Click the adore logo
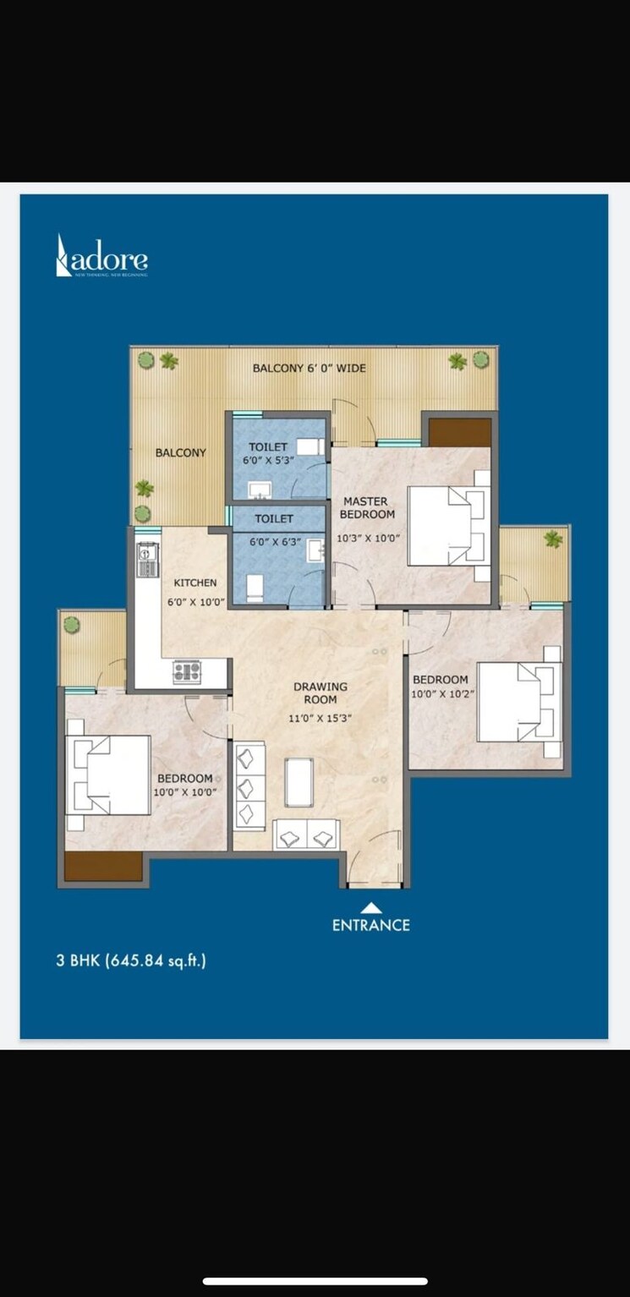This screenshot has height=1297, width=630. pyautogui.click(x=101, y=255)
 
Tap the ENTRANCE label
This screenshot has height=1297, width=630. pyautogui.click(x=370, y=925)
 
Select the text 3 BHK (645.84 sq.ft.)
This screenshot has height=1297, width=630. pyautogui.click(x=131, y=960)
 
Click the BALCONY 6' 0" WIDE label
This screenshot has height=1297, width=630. pyautogui.click(x=310, y=369)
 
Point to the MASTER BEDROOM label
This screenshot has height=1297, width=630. pyautogui.click(x=366, y=507)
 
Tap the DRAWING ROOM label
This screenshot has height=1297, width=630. pyautogui.click(x=320, y=692)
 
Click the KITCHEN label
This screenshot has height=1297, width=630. pyautogui.click(x=195, y=583)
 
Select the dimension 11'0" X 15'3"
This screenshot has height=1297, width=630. pyautogui.click(x=320, y=718)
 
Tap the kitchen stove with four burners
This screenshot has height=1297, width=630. pyautogui.click(x=187, y=672)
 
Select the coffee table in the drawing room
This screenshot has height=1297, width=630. pyautogui.click(x=299, y=782)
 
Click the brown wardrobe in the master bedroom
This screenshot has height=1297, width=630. pyautogui.click(x=459, y=432)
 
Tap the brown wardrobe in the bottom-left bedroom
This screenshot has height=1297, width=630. pyautogui.click(x=103, y=866)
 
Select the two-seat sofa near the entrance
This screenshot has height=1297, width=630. pyautogui.click(x=306, y=835)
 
